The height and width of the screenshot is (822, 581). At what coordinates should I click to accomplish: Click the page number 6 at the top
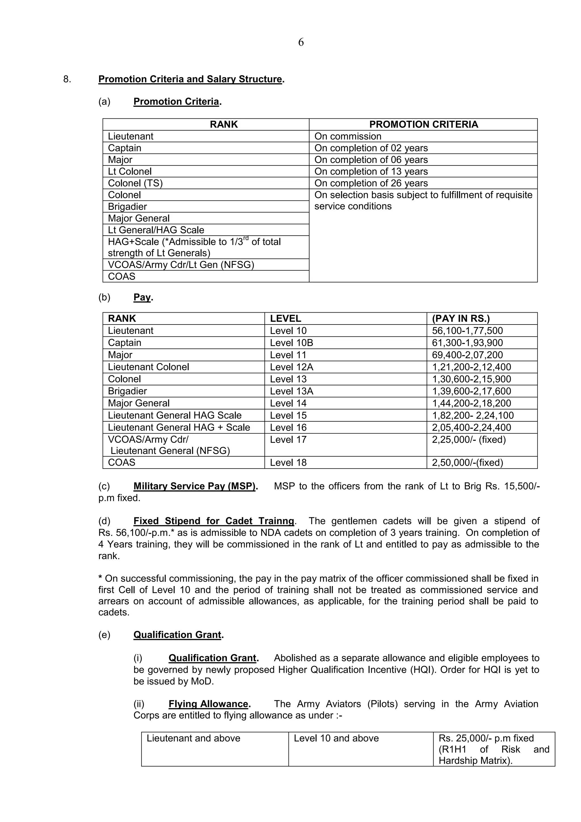pyautogui.click(x=301, y=42)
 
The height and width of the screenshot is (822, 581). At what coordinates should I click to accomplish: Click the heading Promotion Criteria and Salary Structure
pyautogui.click(x=190, y=79)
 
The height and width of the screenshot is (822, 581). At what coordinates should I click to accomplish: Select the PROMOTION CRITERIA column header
pyautogui.click(x=423, y=124)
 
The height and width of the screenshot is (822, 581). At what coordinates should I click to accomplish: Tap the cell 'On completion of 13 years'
pyautogui.click(x=371, y=171)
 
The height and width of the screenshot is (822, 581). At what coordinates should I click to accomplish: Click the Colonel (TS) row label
pyautogui.click(x=135, y=183)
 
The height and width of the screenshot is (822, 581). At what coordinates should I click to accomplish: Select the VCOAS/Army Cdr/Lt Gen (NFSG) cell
pyautogui.click(x=181, y=265)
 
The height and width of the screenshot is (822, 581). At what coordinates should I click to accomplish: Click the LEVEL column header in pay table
pyautogui.click(x=285, y=319)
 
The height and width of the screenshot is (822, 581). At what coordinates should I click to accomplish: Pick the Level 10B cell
pyautogui.click(x=291, y=343)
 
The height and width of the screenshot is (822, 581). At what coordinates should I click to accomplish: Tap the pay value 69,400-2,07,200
pyautogui.click(x=467, y=355)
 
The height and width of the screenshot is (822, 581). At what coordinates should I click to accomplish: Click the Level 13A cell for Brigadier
pyautogui.click(x=291, y=391)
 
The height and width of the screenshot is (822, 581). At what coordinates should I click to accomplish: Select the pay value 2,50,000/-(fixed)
pyautogui.click(x=467, y=463)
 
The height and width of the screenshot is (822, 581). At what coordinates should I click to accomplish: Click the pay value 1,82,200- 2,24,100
pyautogui.click(x=473, y=416)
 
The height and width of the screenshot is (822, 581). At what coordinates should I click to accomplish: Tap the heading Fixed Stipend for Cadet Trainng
pyautogui.click(x=214, y=521)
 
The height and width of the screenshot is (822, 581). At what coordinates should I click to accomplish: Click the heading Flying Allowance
pyautogui.click(x=209, y=704)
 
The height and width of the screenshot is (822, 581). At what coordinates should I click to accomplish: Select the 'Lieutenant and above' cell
pyautogui.click(x=193, y=738)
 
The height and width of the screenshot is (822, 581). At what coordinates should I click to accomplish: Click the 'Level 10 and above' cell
pyautogui.click(x=336, y=738)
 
